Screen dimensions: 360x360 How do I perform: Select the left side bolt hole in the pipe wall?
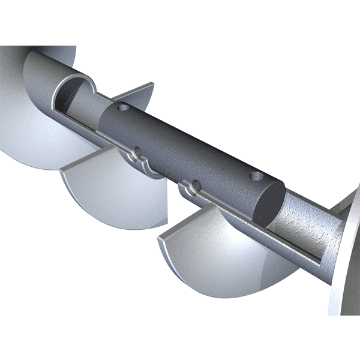click(x=137, y=151)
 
